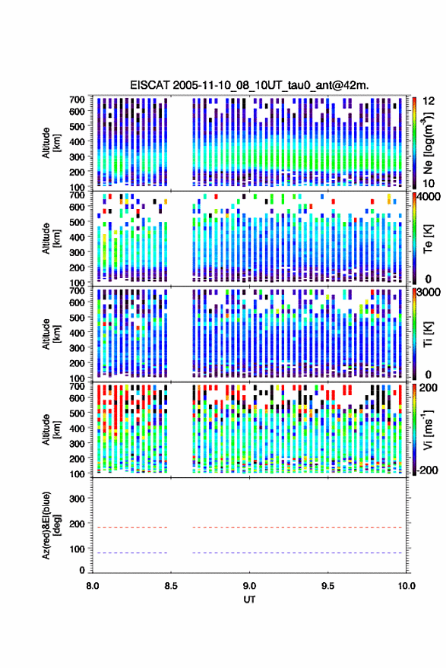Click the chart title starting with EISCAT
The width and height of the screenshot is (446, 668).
click(x=249, y=85)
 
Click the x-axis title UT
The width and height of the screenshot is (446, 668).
click(x=249, y=600)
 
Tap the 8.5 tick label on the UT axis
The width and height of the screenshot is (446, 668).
click(x=171, y=586)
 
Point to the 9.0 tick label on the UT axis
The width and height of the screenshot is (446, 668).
click(x=249, y=586)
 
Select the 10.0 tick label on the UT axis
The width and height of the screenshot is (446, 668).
click(x=406, y=586)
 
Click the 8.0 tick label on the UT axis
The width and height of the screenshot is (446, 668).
click(x=93, y=586)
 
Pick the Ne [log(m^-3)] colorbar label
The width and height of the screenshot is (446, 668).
click(x=428, y=143)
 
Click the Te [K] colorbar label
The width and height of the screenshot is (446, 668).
click(x=428, y=239)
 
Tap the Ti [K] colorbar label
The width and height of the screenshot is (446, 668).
click(x=428, y=334)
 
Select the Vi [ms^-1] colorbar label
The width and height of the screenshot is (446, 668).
click(x=428, y=429)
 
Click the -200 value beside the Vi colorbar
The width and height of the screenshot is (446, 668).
click(x=427, y=470)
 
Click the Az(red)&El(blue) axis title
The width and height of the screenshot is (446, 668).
click(x=50, y=525)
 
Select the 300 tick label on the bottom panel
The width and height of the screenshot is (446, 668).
click(x=77, y=499)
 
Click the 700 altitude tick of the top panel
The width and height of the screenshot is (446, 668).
click(x=77, y=100)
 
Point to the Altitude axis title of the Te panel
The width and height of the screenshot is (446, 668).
click(x=50, y=238)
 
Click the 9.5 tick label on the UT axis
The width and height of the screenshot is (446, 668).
click(x=327, y=586)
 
